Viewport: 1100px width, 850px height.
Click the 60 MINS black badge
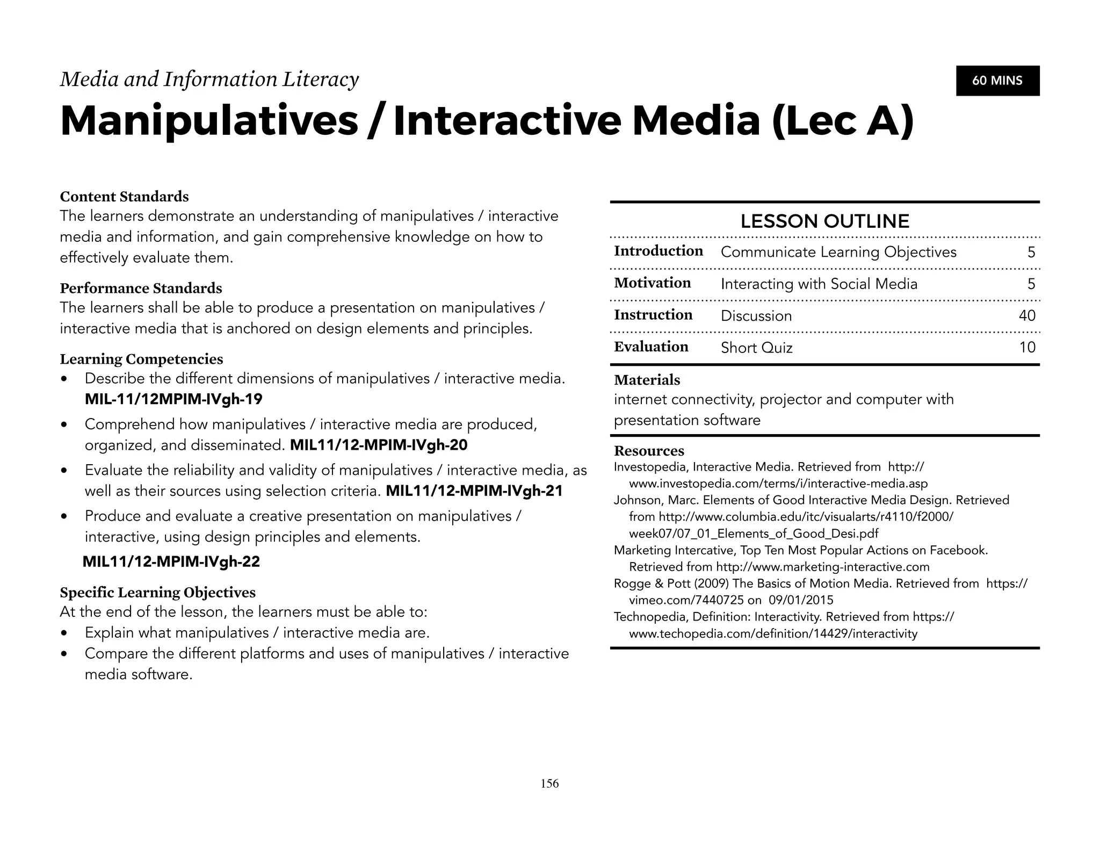point(997,81)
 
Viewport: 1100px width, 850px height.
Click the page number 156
point(549,783)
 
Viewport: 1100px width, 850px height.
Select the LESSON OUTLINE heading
point(824,221)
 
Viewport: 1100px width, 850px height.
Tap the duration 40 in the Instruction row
point(1026,315)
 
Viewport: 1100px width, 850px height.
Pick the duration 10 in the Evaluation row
point(1027,347)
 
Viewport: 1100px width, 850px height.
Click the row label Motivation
point(652,283)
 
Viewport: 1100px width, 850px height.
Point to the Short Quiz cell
point(756,348)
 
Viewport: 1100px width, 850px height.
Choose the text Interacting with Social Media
point(819,284)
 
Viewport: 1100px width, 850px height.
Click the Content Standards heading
point(124,197)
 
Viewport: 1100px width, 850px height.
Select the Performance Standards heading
point(141,289)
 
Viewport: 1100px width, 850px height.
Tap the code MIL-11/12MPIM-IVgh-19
point(173,399)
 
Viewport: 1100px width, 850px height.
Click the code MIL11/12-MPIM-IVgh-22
point(171,561)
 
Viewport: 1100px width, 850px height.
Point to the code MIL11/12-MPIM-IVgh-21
point(474,491)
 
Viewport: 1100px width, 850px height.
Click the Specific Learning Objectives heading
point(157,593)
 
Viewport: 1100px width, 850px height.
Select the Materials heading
point(647,380)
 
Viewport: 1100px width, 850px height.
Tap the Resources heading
point(649,451)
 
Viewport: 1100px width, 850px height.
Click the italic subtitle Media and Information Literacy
point(209,80)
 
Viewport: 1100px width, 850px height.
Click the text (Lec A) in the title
point(842,121)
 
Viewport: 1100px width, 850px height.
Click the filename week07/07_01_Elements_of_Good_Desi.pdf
point(754,534)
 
